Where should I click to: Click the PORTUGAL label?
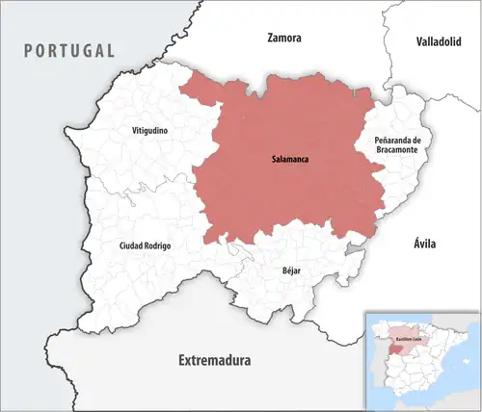[69, 50]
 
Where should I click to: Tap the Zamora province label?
[284, 39]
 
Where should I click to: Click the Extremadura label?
[214, 361]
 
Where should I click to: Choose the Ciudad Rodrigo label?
[145, 245]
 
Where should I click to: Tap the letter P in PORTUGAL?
[31, 50]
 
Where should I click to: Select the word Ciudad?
[131, 245]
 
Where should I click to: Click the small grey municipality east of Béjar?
[357, 249]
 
